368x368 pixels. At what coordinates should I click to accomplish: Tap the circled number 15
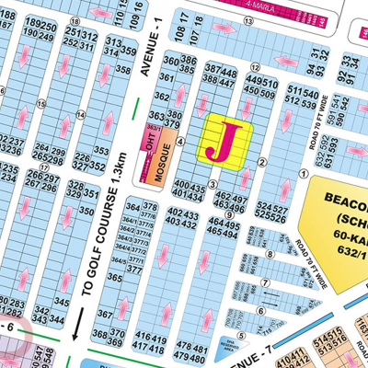40,103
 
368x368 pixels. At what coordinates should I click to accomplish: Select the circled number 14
80,114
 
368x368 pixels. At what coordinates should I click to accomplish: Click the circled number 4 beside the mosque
181,142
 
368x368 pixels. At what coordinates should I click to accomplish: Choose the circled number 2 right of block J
262,162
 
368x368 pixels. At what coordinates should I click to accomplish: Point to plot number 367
106,314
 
